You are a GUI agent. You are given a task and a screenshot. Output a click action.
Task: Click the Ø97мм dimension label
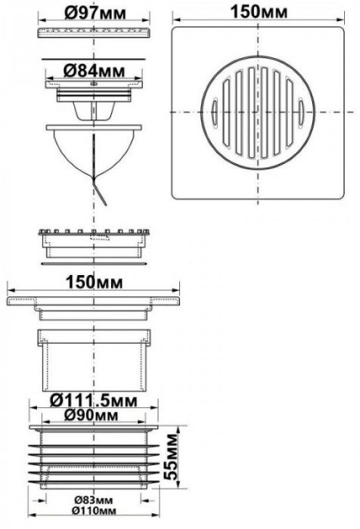click(x=95, y=13)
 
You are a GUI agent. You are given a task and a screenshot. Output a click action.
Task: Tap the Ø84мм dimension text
click(x=94, y=71)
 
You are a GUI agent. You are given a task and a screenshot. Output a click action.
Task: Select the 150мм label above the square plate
click(x=259, y=12)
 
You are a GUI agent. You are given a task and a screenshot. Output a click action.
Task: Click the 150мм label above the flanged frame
click(x=94, y=282)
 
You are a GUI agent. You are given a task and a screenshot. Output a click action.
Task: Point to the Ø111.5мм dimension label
click(x=94, y=401)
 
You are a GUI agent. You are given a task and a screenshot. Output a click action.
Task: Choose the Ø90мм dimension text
click(x=92, y=416)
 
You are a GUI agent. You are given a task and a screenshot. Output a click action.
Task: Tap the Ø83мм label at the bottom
click(x=94, y=500)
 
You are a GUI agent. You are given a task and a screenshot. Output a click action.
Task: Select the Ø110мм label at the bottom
click(x=94, y=511)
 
